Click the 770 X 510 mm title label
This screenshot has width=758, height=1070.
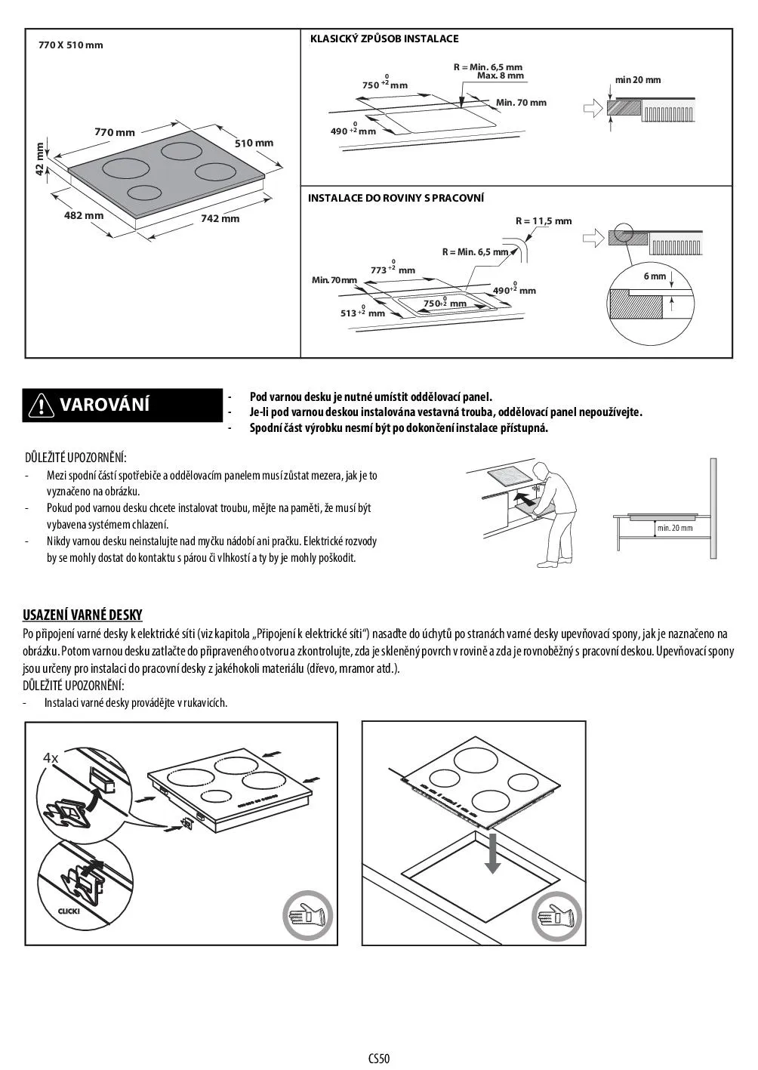tap(70, 45)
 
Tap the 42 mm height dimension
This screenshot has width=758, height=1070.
tap(41, 159)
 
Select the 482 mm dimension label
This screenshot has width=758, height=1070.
tap(84, 215)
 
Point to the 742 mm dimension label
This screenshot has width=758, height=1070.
tap(220, 218)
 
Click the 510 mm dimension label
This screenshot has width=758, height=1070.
tap(254, 143)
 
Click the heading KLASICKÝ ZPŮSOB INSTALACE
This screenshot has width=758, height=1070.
tap(384, 39)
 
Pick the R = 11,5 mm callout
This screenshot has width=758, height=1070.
tap(544, 221)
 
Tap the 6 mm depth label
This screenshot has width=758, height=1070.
tap(655, 276)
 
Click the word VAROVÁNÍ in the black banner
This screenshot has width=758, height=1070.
tap(104, 405)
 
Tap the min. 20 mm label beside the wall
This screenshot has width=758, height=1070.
tap(674, 527)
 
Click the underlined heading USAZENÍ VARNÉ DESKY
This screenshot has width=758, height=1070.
tap(82, 615)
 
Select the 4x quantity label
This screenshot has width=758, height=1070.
tap(51, 757)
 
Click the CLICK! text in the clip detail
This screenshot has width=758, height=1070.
tap(69, 911)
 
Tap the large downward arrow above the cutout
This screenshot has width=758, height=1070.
tap(492, 853)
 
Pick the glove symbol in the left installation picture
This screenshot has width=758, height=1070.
tap(308, 917)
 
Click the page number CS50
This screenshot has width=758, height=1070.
tap(379, 1058)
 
